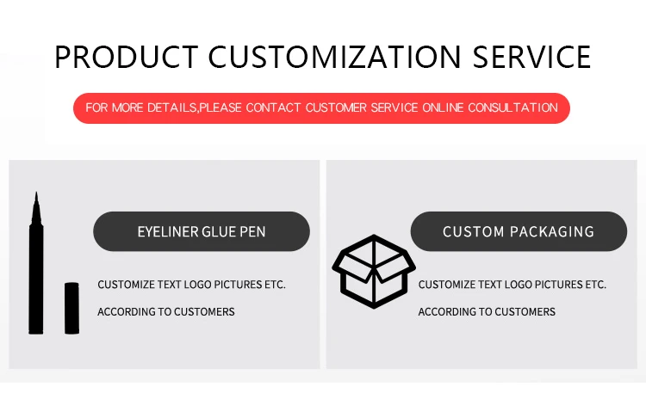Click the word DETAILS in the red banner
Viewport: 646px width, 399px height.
(168, 108)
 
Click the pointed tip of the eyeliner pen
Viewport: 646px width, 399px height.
(36, 199)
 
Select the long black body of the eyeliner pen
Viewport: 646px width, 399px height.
(36, 275)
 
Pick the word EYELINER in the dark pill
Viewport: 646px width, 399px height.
(167, 232)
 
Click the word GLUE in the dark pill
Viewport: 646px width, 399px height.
(220, 232)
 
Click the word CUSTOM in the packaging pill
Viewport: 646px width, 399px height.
(474, 232)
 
